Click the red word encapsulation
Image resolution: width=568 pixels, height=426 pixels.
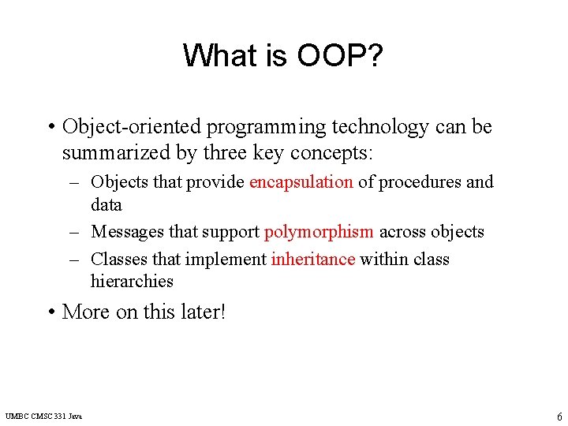coord(301,182)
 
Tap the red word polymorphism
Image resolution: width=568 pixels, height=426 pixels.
coord(319,232)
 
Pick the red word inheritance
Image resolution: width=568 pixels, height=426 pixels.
coord(312,259)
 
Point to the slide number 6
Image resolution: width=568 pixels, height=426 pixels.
coord(559,417)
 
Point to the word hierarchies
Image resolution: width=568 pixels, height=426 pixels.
coord(132,282)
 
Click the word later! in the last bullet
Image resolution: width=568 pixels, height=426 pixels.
coord(204,312)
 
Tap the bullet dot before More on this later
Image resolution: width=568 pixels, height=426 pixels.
coord(50,312)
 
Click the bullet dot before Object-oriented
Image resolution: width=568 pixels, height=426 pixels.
coord(50,128)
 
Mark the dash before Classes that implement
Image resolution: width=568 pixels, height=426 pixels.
coord(75,260)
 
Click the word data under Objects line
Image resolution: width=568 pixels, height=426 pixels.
coord(106,205)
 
